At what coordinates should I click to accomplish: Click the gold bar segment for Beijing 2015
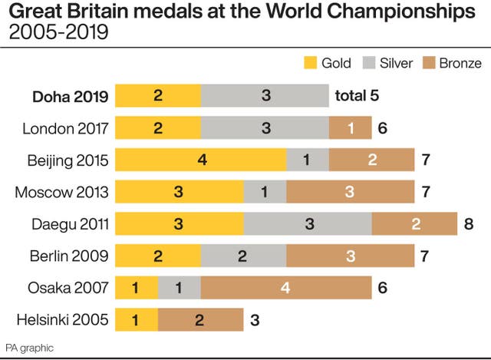201,160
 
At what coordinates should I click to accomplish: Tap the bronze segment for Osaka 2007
286,288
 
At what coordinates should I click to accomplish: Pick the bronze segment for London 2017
350,128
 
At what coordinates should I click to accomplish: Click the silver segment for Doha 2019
265,96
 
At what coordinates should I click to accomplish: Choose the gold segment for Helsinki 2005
137,320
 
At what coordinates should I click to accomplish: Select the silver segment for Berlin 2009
243,256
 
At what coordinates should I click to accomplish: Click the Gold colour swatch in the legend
311,62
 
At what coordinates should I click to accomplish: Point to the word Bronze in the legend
460,62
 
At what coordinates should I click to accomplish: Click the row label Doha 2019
70,97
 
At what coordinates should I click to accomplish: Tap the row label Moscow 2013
62,193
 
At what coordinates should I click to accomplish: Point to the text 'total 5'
357,96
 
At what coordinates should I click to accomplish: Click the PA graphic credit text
29,348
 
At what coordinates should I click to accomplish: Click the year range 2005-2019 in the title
58,34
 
